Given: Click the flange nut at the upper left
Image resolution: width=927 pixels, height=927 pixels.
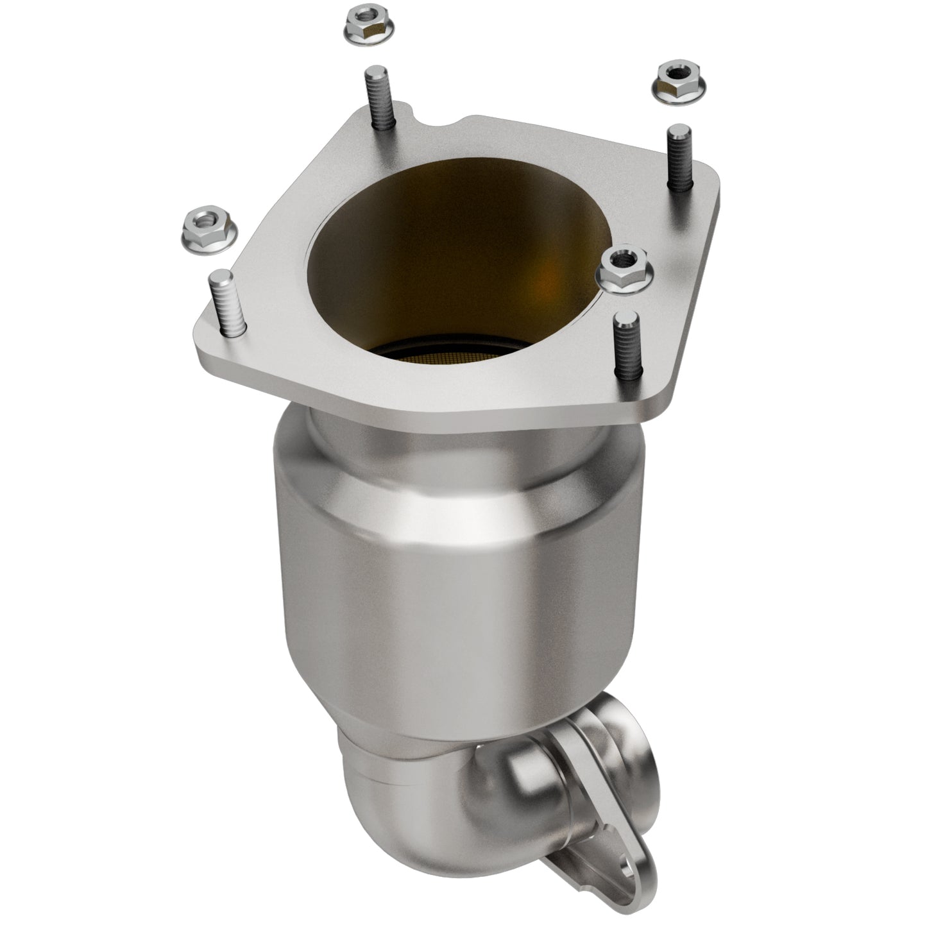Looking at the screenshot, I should (364, 28).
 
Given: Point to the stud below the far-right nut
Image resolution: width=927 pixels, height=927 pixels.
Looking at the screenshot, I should (681, 157).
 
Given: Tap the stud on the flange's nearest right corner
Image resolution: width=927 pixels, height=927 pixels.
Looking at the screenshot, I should (625, 343).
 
